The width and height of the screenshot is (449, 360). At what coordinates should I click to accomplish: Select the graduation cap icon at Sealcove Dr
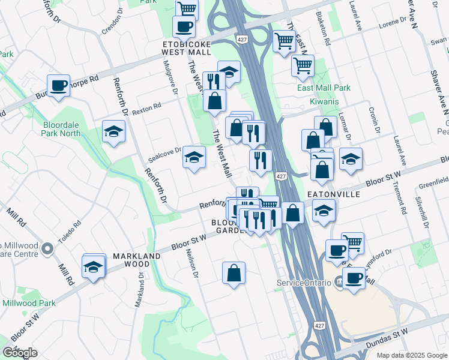tap(194, 158)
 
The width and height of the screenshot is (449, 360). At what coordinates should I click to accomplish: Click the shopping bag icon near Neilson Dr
tap(234, 273)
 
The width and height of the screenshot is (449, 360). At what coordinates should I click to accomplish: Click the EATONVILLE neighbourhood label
tap(333, 195)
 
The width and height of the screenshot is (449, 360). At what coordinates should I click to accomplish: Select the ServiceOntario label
tap(304, 283)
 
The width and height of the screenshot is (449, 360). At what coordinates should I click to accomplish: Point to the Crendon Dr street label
tap(112, 23)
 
